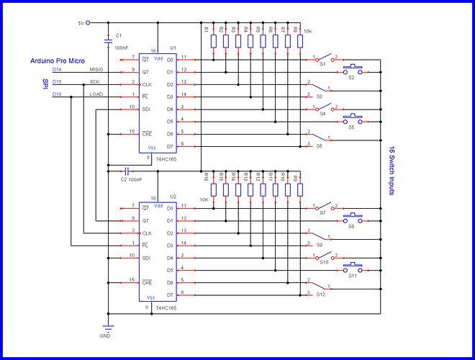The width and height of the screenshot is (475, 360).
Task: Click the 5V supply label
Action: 80,23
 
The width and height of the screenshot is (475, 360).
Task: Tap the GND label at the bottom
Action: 105,336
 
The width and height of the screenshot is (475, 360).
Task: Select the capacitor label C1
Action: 119,35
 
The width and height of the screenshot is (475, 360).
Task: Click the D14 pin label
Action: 58,70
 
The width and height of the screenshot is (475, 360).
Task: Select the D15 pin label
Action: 58,82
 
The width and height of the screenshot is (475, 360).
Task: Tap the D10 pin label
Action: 58,95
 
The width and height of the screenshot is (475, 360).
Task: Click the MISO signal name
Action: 96,70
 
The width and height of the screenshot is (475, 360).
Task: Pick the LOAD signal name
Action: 96,95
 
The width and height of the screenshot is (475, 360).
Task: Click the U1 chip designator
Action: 173,48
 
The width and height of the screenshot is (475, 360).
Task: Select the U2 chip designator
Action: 173,197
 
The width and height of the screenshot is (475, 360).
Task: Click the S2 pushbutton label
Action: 351,76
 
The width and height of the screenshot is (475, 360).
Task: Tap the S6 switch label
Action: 320,146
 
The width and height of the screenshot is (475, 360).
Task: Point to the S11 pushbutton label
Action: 353,276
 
